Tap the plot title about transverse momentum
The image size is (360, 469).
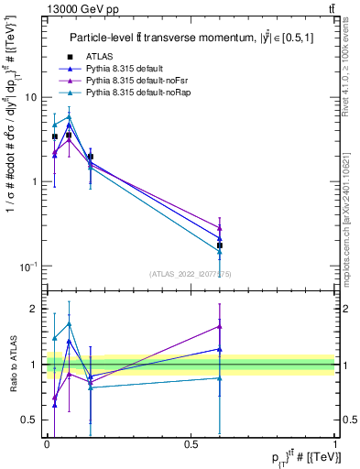189,37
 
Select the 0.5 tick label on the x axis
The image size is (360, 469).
191,443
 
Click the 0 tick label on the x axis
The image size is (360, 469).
47,443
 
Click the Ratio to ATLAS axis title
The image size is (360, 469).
13,365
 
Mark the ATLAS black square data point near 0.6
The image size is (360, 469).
220,245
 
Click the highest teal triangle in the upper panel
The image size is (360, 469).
69,116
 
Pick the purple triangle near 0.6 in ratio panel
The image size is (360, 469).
220,326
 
